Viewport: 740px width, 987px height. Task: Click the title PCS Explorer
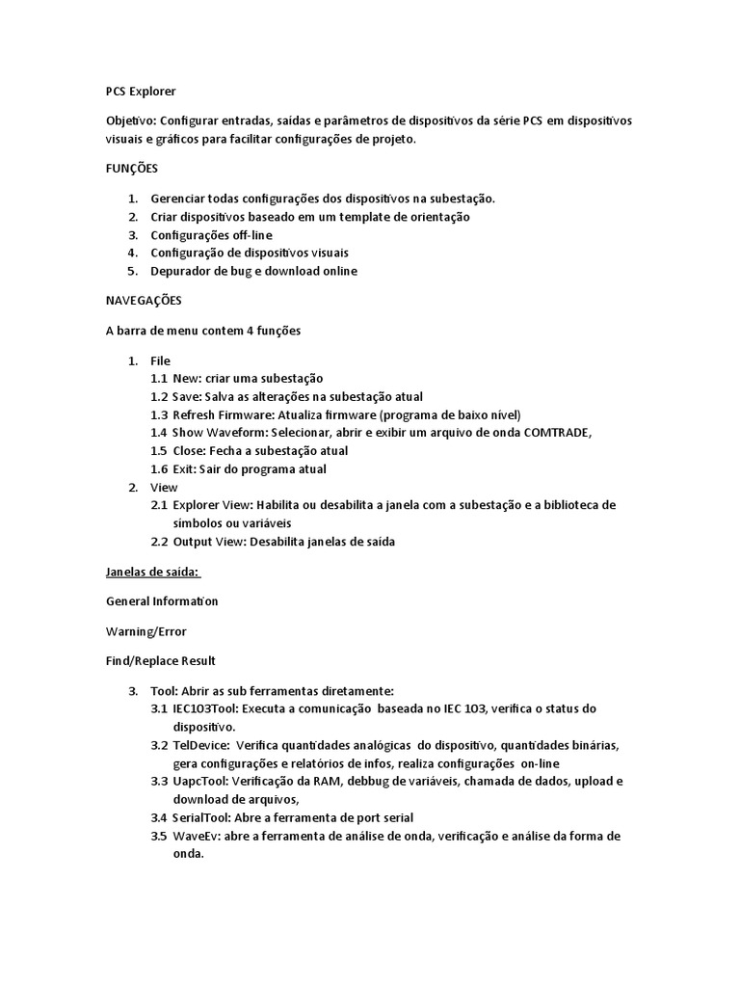141,92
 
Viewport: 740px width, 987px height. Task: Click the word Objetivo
130,120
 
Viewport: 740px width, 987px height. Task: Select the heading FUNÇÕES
131,168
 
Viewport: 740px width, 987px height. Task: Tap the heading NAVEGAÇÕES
144,301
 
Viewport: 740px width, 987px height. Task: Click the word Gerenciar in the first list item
180,199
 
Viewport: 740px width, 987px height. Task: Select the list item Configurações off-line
211,235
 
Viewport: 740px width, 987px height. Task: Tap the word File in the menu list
160,360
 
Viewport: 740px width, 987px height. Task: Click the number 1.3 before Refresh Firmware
159,414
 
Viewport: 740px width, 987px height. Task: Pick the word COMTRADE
557,433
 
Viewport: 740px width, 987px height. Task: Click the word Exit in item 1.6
183,469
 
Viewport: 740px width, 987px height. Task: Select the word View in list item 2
164,488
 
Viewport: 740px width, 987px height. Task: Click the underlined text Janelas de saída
151,572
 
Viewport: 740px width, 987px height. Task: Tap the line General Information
162,601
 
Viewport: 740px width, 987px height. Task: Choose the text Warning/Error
145,631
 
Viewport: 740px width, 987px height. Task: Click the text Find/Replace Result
160,661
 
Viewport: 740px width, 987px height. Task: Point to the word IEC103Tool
203,708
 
